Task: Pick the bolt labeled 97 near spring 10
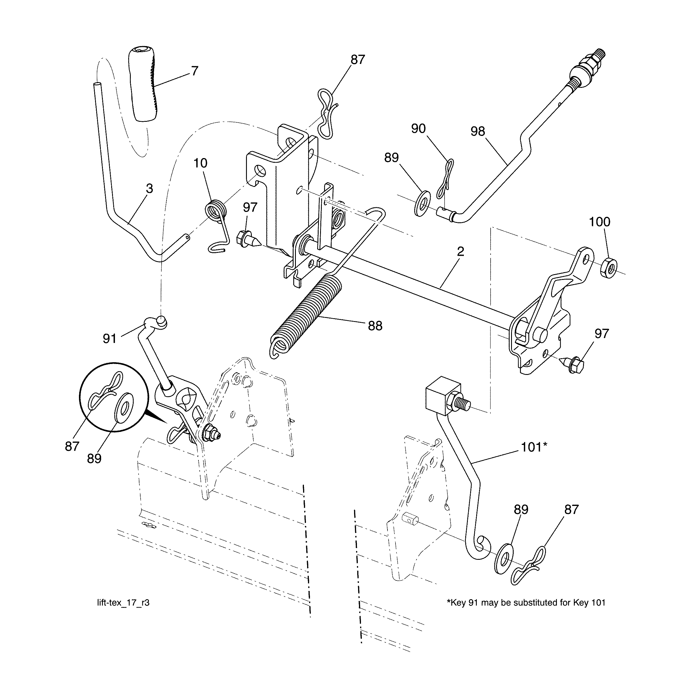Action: click(x=247, y=238)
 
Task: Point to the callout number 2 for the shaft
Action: click(x=461, y=251)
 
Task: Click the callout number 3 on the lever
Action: click(x=149, y=189)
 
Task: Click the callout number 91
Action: click(x=109, y=339)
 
